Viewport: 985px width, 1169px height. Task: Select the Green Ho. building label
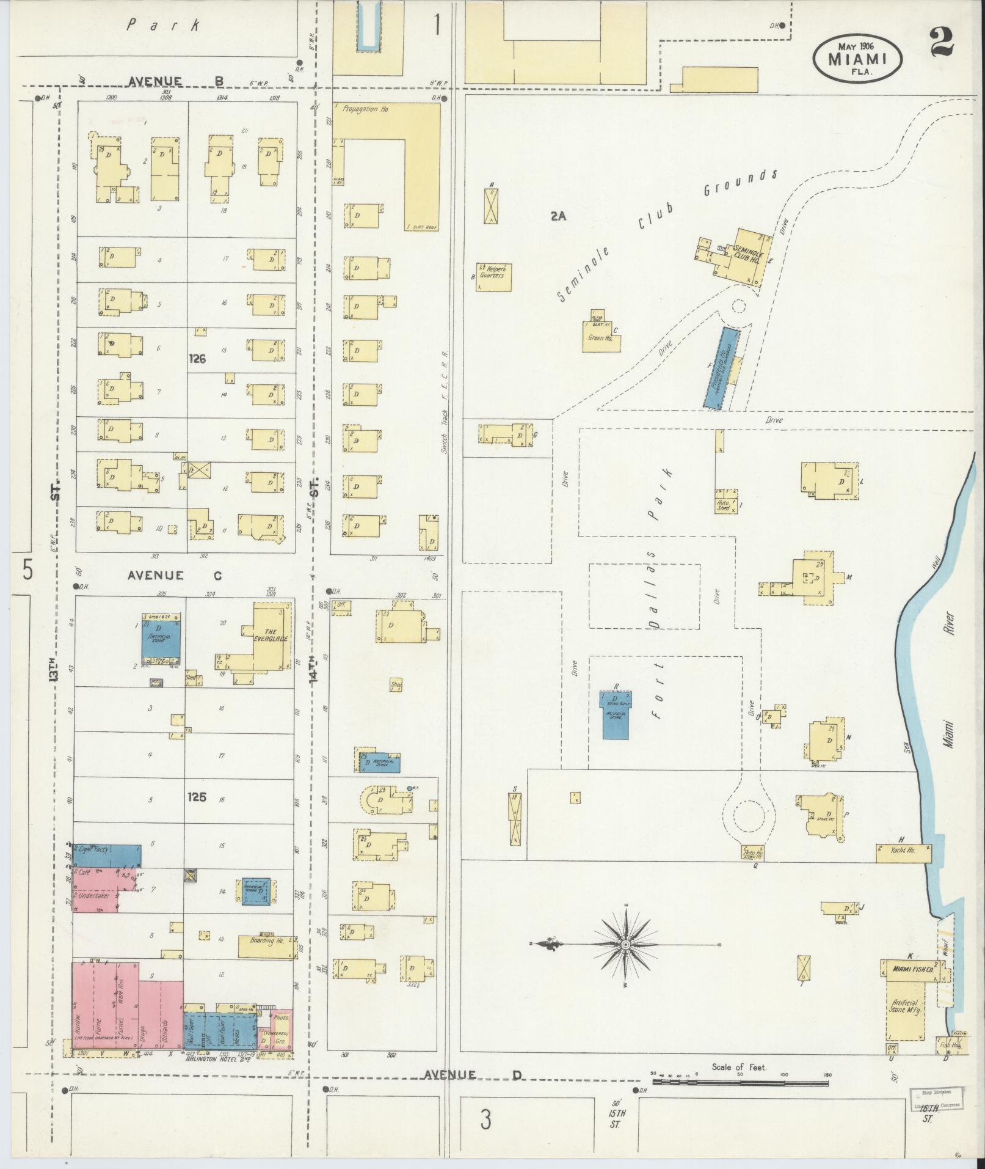click(x=596, y=338)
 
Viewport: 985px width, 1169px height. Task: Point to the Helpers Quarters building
click(x=493, y=276)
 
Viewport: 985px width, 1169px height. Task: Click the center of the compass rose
click(x=625, y=945)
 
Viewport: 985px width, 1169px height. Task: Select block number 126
click(x=197, y=359)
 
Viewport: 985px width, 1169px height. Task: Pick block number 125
click(x=197, y=797)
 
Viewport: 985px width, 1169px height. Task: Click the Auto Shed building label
click(x=724, y=505)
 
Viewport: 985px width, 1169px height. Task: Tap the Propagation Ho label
click(x=365, y=109)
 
